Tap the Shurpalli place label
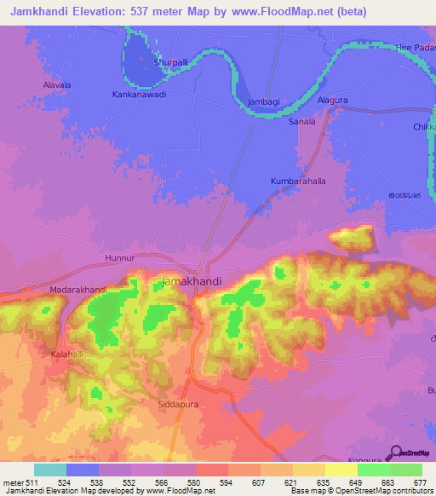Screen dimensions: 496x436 click(x=170, y=62)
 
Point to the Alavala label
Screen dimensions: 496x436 click(x=57, y=85)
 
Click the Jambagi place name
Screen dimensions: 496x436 click(x=263, y=101)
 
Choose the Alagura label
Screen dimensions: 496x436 click(x=333, y=100)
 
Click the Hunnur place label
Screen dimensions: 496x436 click(x=119, y=257)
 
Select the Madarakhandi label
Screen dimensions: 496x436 click(x=77, y=290)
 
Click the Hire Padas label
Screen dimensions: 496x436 click(x=416, y=48)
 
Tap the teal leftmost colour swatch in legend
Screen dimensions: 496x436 click(x=50, y=470)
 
